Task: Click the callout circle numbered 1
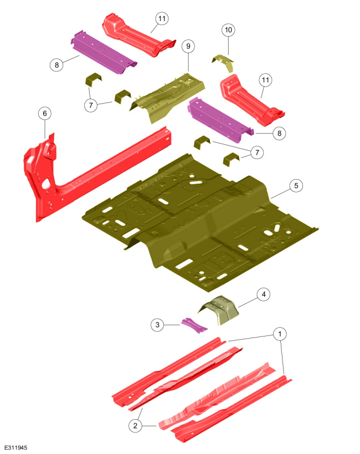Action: click(x=280, y=334)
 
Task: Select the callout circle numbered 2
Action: click(x=135, y=426)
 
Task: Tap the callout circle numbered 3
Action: click(x=157, y=325)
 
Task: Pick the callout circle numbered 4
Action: click(x=264, y=294)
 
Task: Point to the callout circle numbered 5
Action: click(x=296, y=186)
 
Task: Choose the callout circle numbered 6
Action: click(x=45, y=113)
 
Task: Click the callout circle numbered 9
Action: click(x=188, y=46)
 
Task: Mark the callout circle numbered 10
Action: click(x=228, y=30)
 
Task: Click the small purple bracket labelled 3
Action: click(x=194, y=325)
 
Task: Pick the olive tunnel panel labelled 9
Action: click(x=168, y=97)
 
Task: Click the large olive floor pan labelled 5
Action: click(x=200, y=223)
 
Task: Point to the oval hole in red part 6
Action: click(x=45, y=184)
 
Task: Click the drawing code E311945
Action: click(x=16, y=448)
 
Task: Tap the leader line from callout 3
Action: click(x=173, y=325)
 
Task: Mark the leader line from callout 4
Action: click(x=248, y=303)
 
